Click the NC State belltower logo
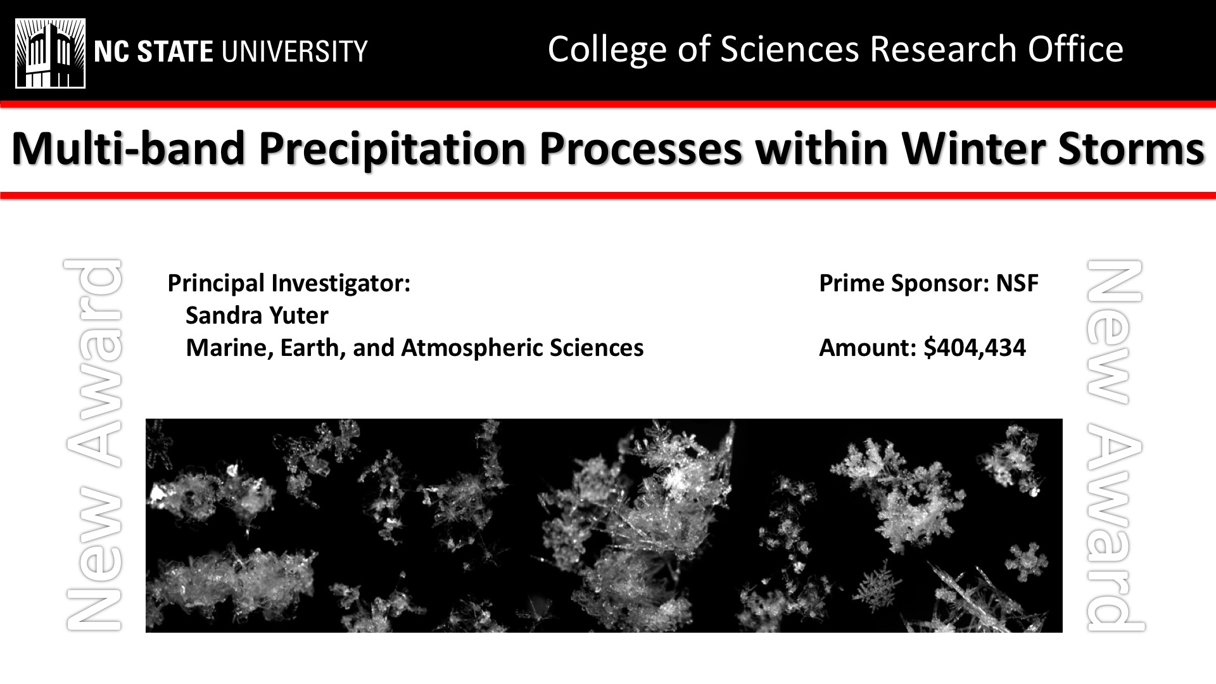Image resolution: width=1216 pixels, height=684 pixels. [x=51, y=53]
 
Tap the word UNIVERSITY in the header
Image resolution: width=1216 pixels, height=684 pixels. [x=293, y=51]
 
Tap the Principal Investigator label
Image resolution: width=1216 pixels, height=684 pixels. [x=289, y=283]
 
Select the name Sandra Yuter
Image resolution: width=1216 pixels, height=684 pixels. [x=257, y=315]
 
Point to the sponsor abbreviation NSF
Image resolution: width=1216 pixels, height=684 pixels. [x=1017, y=283]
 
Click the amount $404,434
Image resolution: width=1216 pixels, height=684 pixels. [x=975, y=348]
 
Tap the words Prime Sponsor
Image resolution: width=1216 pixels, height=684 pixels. [x=904, y=283]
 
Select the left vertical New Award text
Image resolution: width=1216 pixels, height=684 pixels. [x=94, y=445]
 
